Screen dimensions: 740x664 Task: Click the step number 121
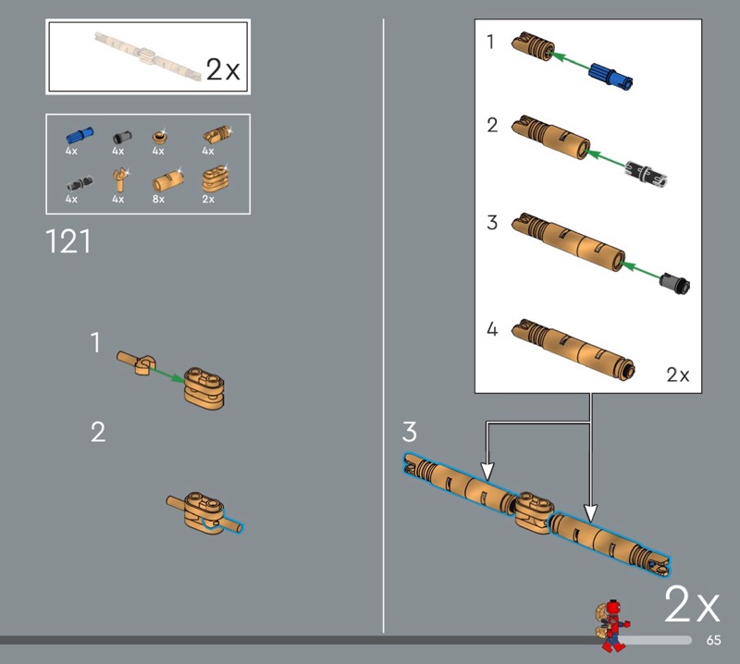click(68, 241)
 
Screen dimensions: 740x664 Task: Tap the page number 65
click(713, 640)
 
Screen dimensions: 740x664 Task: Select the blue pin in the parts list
click(80, 135)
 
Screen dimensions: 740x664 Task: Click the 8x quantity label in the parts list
click(158, 199)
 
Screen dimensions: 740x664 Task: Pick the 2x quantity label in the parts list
click(208, 199)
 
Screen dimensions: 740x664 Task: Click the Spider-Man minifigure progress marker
click(611, 626)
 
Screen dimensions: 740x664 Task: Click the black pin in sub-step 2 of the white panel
click(646, 174)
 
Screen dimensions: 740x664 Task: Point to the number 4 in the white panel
click(492, 329)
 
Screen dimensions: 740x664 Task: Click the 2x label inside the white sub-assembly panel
click(678, 375)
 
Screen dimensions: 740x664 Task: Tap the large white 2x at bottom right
click(692, 605)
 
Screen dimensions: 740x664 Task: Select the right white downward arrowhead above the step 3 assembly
click(590, 513)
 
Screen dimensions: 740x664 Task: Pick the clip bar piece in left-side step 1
click(136, 363)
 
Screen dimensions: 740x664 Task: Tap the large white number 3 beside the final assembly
click(409, 431)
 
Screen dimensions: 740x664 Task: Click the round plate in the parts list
click(159, 137)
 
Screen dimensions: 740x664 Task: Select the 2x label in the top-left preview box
click(223, 70)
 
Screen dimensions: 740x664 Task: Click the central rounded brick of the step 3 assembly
click(534, 512)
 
